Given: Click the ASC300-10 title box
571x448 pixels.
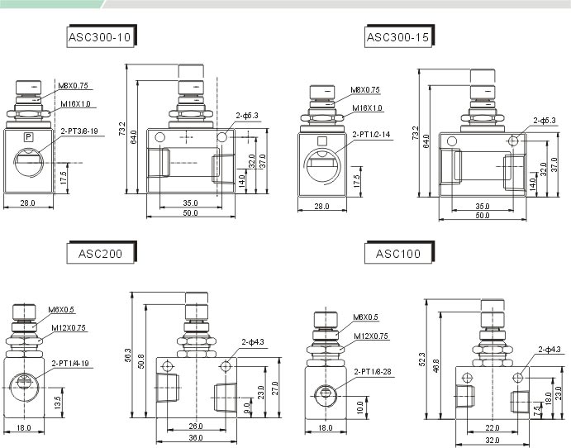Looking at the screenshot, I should tap(99, 37).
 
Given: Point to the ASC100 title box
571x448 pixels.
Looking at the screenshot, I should tap(398, 254).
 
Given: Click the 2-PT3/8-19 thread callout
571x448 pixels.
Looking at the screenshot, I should tap(79, 131).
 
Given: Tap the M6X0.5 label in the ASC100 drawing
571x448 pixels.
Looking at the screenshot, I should tap(365, 317).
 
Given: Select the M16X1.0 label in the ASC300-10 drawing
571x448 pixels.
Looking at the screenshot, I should tap(76, 104).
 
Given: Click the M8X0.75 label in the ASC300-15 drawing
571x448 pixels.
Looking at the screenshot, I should tap(365, 90).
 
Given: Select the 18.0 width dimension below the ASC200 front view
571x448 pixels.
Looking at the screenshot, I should tap(23, 427).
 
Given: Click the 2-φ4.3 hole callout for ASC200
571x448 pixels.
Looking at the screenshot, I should tap(253, 341).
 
